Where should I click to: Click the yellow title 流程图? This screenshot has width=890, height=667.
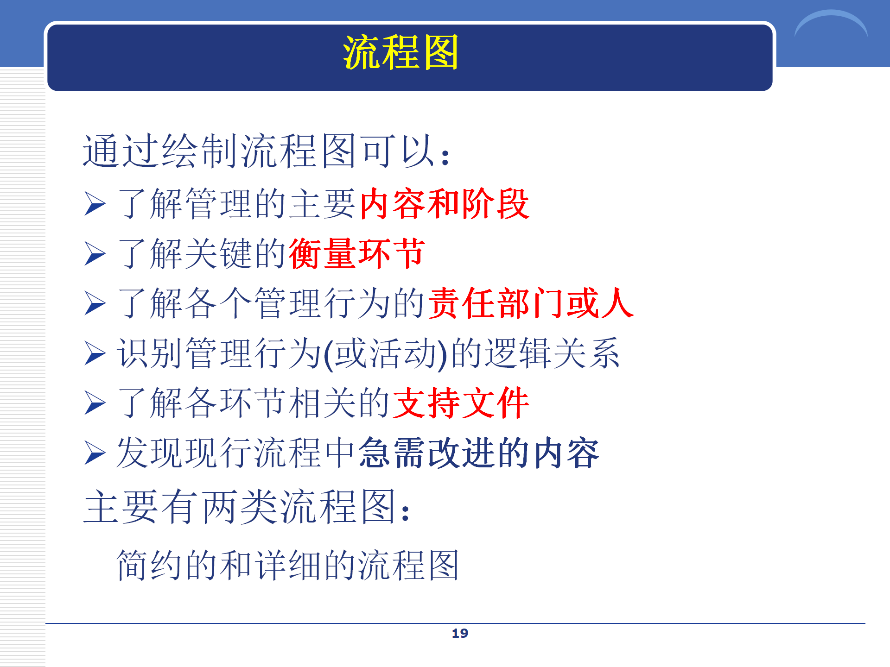400,52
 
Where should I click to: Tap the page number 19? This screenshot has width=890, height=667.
460,633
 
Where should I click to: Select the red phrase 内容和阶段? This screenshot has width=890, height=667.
445,204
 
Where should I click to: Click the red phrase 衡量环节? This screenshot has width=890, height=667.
357,253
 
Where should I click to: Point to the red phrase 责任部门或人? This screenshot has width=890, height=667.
531,303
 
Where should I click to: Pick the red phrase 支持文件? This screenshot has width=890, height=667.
461,403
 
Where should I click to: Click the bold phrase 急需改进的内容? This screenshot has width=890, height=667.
479,453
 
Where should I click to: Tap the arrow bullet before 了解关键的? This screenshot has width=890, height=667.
95,254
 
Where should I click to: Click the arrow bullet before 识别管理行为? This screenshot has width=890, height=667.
95,353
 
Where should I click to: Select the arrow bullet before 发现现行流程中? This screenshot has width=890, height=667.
95,453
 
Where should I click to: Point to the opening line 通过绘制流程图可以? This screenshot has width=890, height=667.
266,151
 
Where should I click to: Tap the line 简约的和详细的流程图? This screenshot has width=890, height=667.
288,565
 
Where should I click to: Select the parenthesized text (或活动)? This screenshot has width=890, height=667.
386,354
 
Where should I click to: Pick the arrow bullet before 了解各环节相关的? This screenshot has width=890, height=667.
95,403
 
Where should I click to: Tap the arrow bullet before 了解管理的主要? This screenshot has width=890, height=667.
95,204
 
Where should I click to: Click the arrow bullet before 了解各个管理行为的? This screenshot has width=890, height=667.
95,304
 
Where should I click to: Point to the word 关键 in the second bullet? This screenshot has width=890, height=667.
218,253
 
